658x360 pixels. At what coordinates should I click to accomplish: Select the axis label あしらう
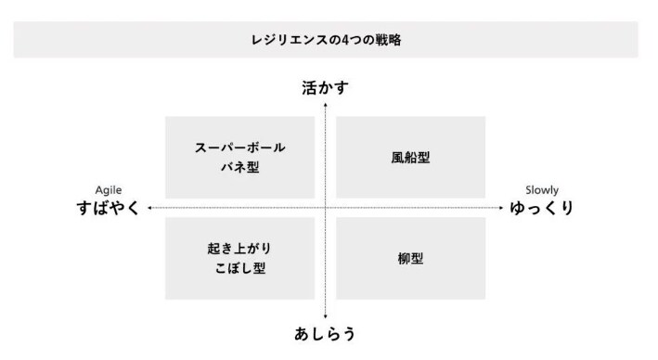coord(325,333)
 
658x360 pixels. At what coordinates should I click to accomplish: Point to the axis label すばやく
coord(109,208)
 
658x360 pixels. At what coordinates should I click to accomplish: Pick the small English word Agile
coord(109,190)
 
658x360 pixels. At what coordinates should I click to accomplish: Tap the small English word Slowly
coord(542,190)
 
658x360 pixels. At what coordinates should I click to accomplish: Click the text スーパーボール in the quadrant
coord(239,148)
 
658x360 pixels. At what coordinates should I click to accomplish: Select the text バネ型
coord(239,168)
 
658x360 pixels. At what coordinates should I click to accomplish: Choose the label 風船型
coord(410,158)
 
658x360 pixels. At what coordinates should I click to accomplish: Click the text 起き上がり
coord(239,249)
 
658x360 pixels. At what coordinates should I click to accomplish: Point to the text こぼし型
coord(239,269)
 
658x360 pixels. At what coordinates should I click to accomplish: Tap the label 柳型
coord(410,259)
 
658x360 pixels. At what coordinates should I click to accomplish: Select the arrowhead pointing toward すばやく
coord(149,208)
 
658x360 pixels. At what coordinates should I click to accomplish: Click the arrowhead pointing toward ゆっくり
coord(500,208)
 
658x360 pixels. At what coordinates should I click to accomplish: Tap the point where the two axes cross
coord(326,208)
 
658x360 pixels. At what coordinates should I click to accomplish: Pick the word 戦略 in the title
coord(389,40)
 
